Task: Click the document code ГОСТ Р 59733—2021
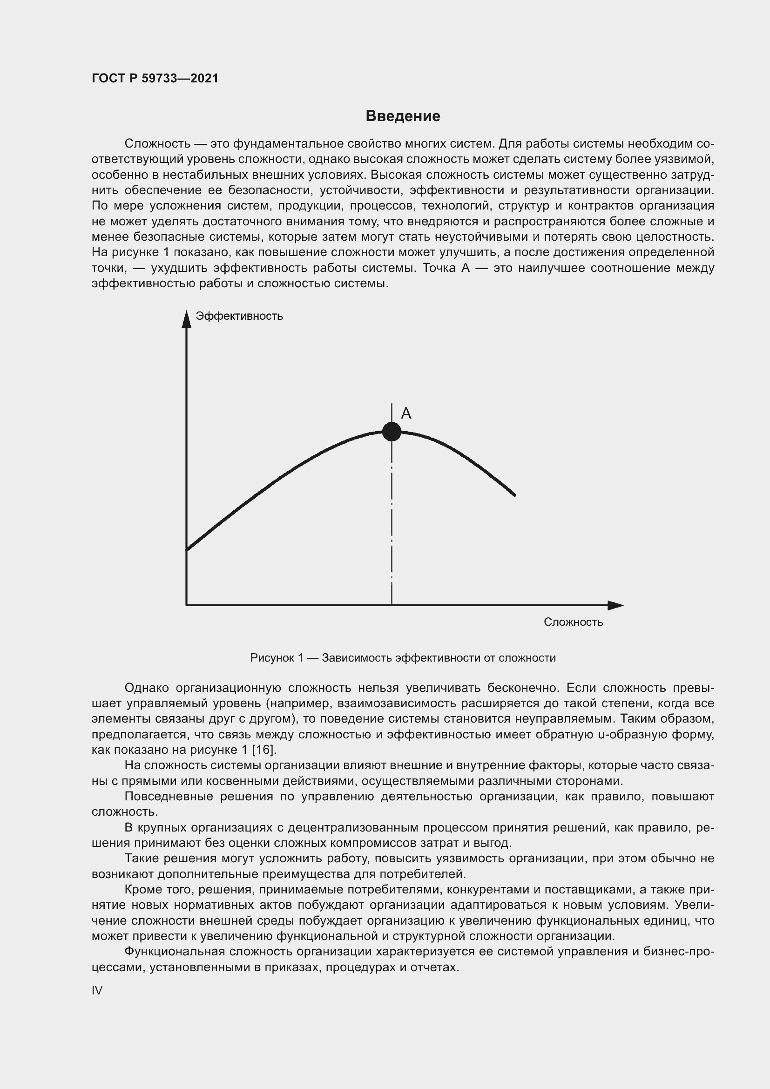click(155, 78)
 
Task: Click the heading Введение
click(403, 116)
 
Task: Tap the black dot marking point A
click(392, 432)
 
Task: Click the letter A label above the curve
click(406, 413)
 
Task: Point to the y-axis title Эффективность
click(239, 316)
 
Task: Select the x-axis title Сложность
click(573, 622)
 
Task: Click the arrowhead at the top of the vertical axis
click(186, 318)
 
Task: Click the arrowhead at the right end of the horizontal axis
click(615, 605)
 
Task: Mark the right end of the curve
click(514, 495)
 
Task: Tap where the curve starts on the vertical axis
click(187, 550)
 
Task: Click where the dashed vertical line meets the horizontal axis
click(392, 605)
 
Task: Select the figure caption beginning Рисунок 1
click(403, 658)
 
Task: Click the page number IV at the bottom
click(97, 990)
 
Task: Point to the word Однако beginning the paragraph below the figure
click(147, 688)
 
